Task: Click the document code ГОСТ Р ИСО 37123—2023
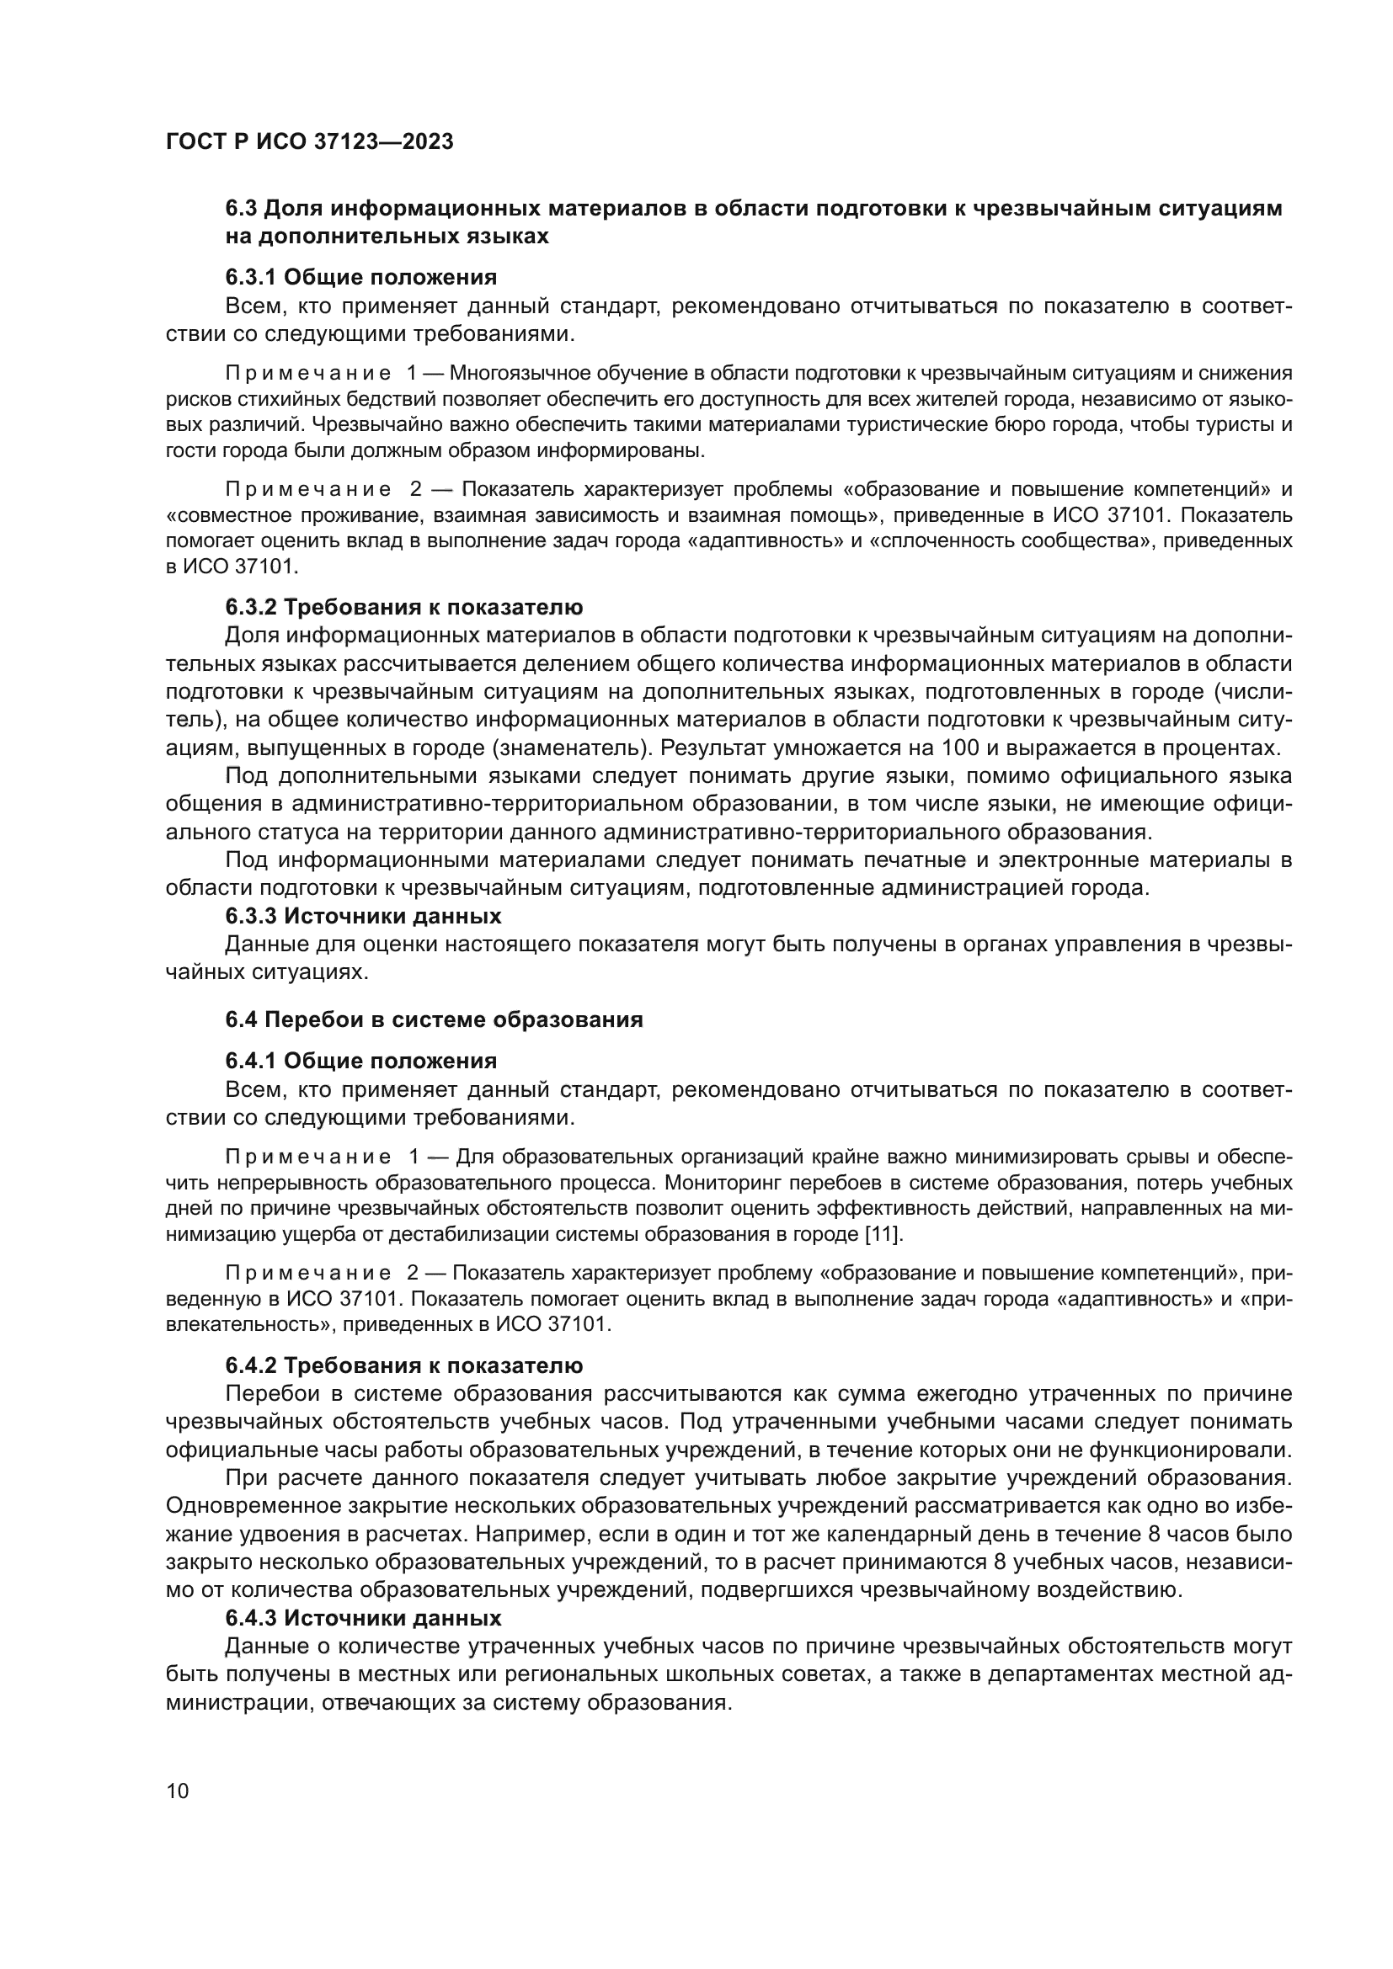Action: point(309,141)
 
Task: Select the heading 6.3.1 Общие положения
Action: point(361,277)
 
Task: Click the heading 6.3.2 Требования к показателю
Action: point(404,607)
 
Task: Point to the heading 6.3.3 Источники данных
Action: point(363,916)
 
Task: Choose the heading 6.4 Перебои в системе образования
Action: point(434,1019)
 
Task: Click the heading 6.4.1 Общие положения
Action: point(361,1061)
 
